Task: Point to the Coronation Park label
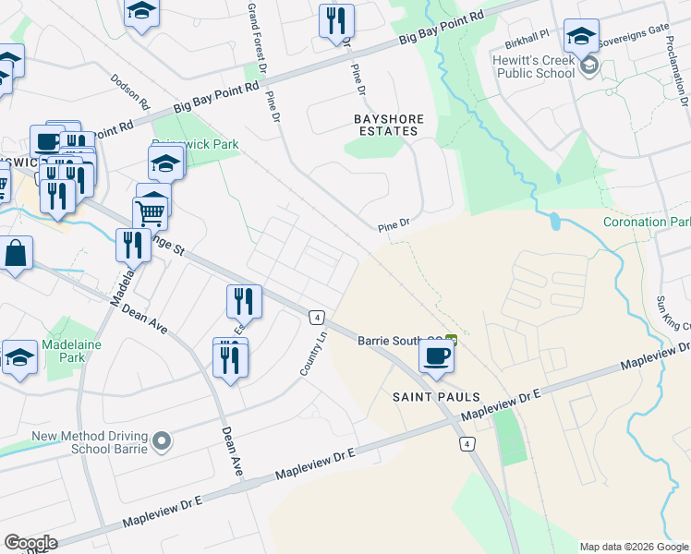(x=646, y=223)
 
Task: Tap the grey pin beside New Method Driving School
(x=163, y=442)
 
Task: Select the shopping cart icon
(x=151, y=212)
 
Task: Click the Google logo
(x=30, y=543)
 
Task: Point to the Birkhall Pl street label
(x=527, y=44)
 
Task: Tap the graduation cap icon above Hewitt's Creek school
(x=581, y=37)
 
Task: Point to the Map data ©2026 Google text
(x=634, y=547)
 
